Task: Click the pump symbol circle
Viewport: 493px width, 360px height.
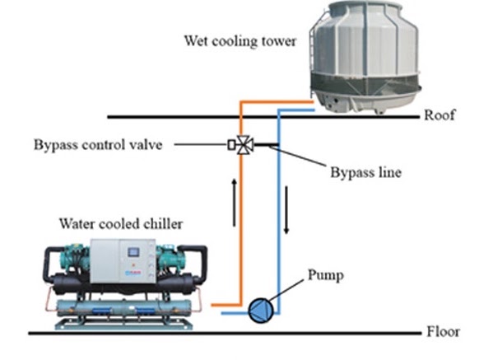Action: tap(261, 311)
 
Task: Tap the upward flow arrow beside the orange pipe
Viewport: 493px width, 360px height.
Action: tap(234, 203)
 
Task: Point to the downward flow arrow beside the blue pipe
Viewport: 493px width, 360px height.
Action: tap(286, 210)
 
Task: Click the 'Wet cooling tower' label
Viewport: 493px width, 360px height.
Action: tap(240, 41)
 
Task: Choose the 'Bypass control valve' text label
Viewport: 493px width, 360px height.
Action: tap(98, 145)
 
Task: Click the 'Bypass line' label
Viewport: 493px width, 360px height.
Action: tap(366, 172)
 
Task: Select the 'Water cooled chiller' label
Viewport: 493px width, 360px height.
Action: tap(121, 224)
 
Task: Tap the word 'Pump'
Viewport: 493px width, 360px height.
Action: tap(326, 276)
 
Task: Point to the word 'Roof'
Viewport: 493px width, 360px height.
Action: tap(440, 115)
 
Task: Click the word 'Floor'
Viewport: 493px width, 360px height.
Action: tap(443, 332)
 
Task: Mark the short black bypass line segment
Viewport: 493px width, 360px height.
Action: tap(266, 145)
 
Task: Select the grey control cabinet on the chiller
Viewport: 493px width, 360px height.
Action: tap(123, 261)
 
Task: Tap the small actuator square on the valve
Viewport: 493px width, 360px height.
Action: tap(232, 145)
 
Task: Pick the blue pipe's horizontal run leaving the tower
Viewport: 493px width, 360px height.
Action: tap(296, 110)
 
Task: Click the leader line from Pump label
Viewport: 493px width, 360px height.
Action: tap(286, 290)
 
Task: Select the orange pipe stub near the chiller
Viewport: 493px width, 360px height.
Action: tap(226, 305)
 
